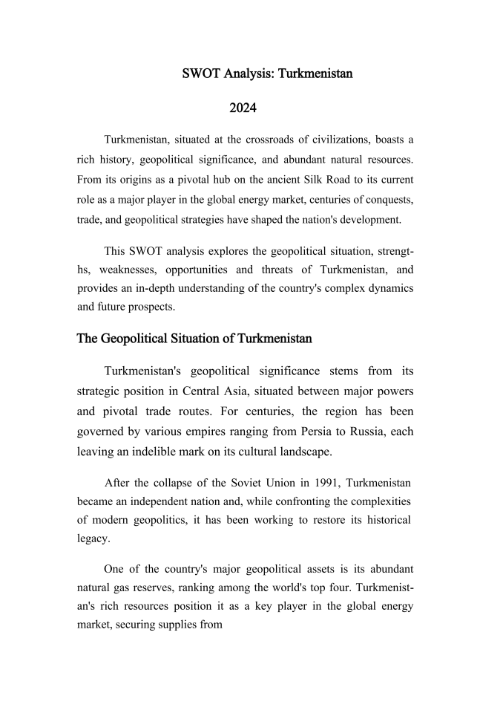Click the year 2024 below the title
click(243, 108)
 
